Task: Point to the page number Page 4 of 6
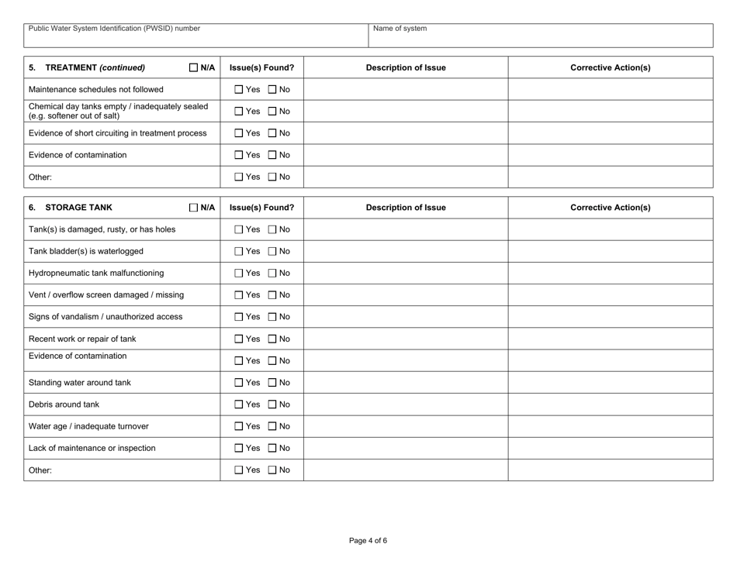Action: pos(368,541)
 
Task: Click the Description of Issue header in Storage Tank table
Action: pos(405,208)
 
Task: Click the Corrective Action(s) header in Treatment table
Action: pos(610,67)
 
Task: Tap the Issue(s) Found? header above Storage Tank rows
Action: pos(261,208)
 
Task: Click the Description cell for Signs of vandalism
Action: pos(405,316)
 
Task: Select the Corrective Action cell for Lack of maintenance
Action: pos(610,447)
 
